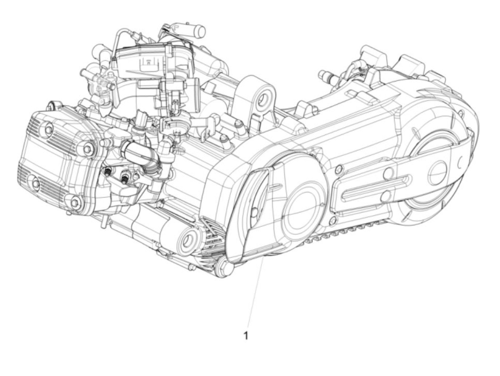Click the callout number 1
pos(246,336)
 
